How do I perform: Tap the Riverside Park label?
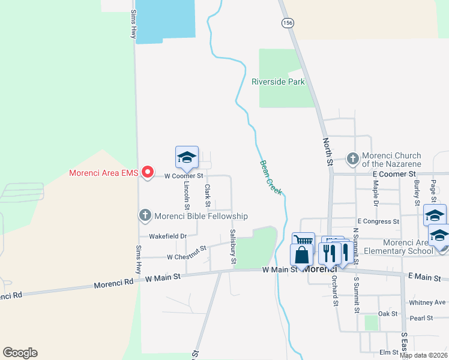point(278,82)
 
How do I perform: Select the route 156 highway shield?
point(288,22)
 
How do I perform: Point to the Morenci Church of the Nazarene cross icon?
point(353,159)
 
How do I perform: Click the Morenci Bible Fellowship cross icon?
point(145,215)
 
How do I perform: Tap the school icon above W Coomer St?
point(187,157)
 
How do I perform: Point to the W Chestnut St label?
point(187,253)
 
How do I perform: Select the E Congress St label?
point(378,221)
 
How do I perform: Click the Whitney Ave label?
point(427,302)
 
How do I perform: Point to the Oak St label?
point(388,314)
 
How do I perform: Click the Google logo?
point(20,353)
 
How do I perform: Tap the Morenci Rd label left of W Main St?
point(113,283)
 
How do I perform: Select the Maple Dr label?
point(375,195)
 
